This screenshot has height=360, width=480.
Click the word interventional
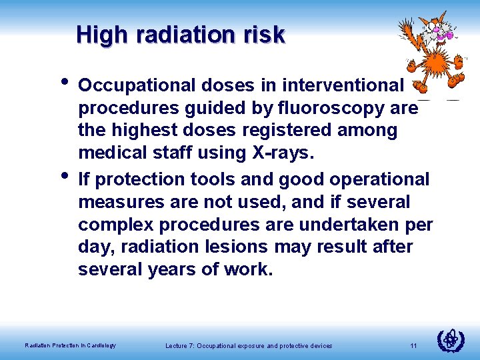click(343, 85)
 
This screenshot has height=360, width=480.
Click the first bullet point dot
click(64, 83)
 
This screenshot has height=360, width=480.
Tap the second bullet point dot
click(64, 177)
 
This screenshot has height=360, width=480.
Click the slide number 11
click(413, 345)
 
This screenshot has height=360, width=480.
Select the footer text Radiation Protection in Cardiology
click(70, 345)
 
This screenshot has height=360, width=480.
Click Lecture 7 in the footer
click(183, 345)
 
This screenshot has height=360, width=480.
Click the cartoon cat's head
click(434, 26)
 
